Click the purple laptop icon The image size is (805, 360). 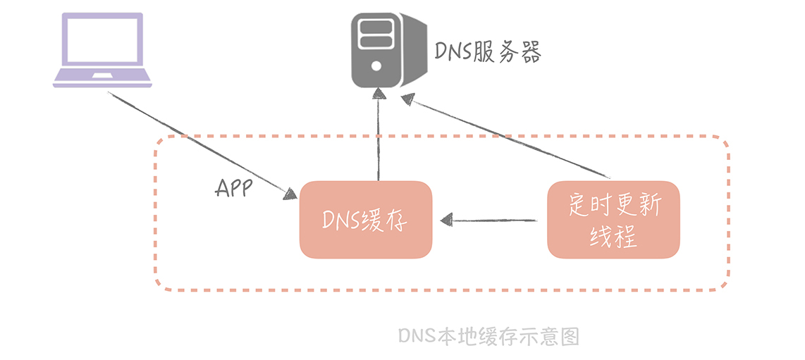pyautogui.click(x=102, y=49)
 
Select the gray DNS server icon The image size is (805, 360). pyautogui.click(x=388, y=49)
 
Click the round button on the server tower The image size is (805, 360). pyautogui.click(x=376, y=66)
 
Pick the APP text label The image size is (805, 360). pyautogui.click(x=234, y=188)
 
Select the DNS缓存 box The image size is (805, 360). pyautogui.click(x=365, y=219)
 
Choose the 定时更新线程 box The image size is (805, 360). pyautogui.click(x=613, y=219)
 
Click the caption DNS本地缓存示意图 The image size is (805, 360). pyautogui.click(x=488, y=337)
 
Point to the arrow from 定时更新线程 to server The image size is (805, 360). pyautogui.click(x=508, y=138)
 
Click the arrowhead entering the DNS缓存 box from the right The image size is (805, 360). pyautogui.click(x=446, y=220)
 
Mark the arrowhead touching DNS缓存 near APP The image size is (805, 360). pyautogui.click(x=290, y=194)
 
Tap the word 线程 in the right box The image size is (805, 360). pyautogui.click(x=613, y=235)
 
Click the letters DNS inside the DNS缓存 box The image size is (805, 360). pyautogui.click(x=341, y=220)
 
